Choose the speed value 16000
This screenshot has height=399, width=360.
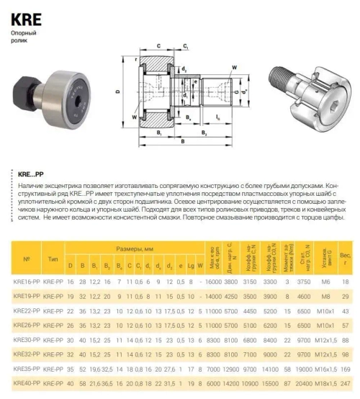tap(213, 282)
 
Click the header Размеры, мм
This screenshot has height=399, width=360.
tap(135, 247)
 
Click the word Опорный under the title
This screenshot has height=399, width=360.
tap(23, 34)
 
